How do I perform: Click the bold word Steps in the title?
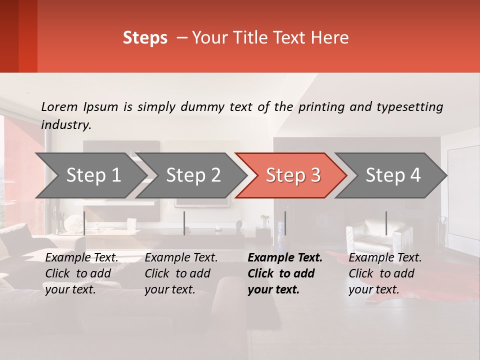[145, 38]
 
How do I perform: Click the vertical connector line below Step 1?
[84, 223]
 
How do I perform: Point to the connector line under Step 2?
[184, 223]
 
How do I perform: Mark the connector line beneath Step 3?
[285, 223]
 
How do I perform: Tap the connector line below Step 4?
[386, 223]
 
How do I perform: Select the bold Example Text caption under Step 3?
[285, 273]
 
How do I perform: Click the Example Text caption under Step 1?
[82, 273]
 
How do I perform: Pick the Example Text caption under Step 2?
[181, 273]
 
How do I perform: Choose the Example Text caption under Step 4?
[385, 273]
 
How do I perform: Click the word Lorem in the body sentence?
[59, 106]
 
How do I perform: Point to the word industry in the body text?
[65, 124]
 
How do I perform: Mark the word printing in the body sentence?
[321, 107]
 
